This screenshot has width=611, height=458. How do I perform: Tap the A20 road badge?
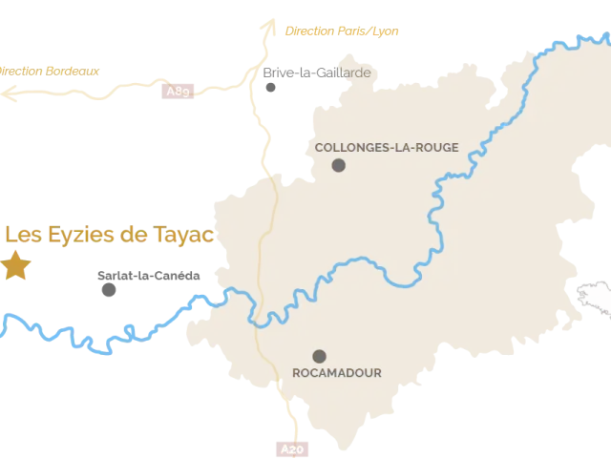292,448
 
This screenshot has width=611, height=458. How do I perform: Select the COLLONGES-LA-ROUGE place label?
387,147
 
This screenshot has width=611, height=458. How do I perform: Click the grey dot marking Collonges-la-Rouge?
338,166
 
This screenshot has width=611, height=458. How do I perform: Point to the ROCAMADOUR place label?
337,373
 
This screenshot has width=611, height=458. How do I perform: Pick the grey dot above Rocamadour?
319,356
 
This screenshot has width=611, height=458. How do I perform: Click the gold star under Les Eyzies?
15,265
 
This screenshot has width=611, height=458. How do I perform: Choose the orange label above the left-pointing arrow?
50,70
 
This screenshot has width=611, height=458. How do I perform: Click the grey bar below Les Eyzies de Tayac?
148,275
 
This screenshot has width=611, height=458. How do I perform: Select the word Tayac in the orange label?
189,235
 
